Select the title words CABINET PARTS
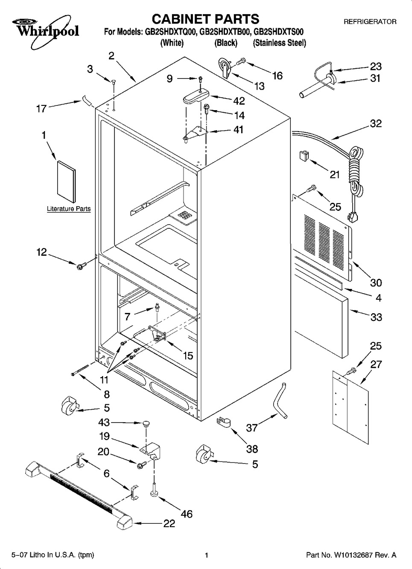pos(205,19)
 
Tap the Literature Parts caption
pos(68,209)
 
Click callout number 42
pos(239,101)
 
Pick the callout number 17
pos(41,109)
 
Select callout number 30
pos(376,283)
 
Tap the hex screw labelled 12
pos(80,266)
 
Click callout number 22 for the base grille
pos(169,523)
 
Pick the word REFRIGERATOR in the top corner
pos(370,21)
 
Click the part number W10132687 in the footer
pos(351,555)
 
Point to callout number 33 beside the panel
pos(376,317)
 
